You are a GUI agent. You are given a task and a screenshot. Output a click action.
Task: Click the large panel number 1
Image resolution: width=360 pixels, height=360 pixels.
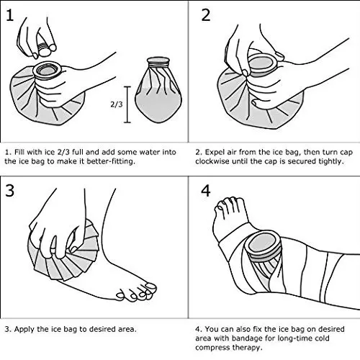pos(9,15)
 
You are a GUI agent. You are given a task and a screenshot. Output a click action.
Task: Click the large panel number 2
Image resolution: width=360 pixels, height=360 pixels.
pos(206,15)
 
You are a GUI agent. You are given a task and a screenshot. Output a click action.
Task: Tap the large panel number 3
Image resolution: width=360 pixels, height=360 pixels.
pos(9,191)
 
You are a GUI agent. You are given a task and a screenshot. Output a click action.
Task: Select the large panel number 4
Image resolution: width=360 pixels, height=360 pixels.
pos(206,191)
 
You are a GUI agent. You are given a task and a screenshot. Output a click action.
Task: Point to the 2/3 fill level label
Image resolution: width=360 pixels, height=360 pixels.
pos(117,104)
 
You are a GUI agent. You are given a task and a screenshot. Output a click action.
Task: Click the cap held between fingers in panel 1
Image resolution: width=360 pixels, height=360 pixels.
pos(44,49)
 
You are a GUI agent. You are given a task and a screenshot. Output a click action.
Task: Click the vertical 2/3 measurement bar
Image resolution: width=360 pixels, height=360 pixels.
pos(127,104)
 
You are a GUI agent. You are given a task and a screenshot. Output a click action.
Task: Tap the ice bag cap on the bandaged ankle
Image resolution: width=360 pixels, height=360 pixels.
pos(264,246)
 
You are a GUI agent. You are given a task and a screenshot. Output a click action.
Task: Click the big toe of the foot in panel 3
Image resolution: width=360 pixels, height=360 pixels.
pos(150,287)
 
